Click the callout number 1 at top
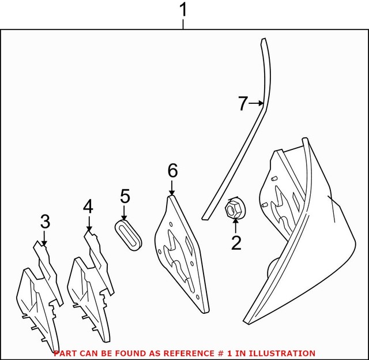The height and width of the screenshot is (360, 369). pos(183,10)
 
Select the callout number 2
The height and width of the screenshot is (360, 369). pos(236,243)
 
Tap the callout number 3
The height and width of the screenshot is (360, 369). pos(45,222)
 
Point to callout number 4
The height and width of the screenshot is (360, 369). pos(88,206)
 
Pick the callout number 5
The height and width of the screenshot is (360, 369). pos(125,196)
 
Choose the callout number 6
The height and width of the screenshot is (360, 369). pos(172,171)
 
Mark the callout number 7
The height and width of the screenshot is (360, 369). pos(243,104)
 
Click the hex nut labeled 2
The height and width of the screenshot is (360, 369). pos(234,208)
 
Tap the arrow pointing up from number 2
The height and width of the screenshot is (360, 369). pos(235,225)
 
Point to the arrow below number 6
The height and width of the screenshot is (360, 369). pos(172,188)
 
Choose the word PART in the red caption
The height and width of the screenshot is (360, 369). pos(65,353)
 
